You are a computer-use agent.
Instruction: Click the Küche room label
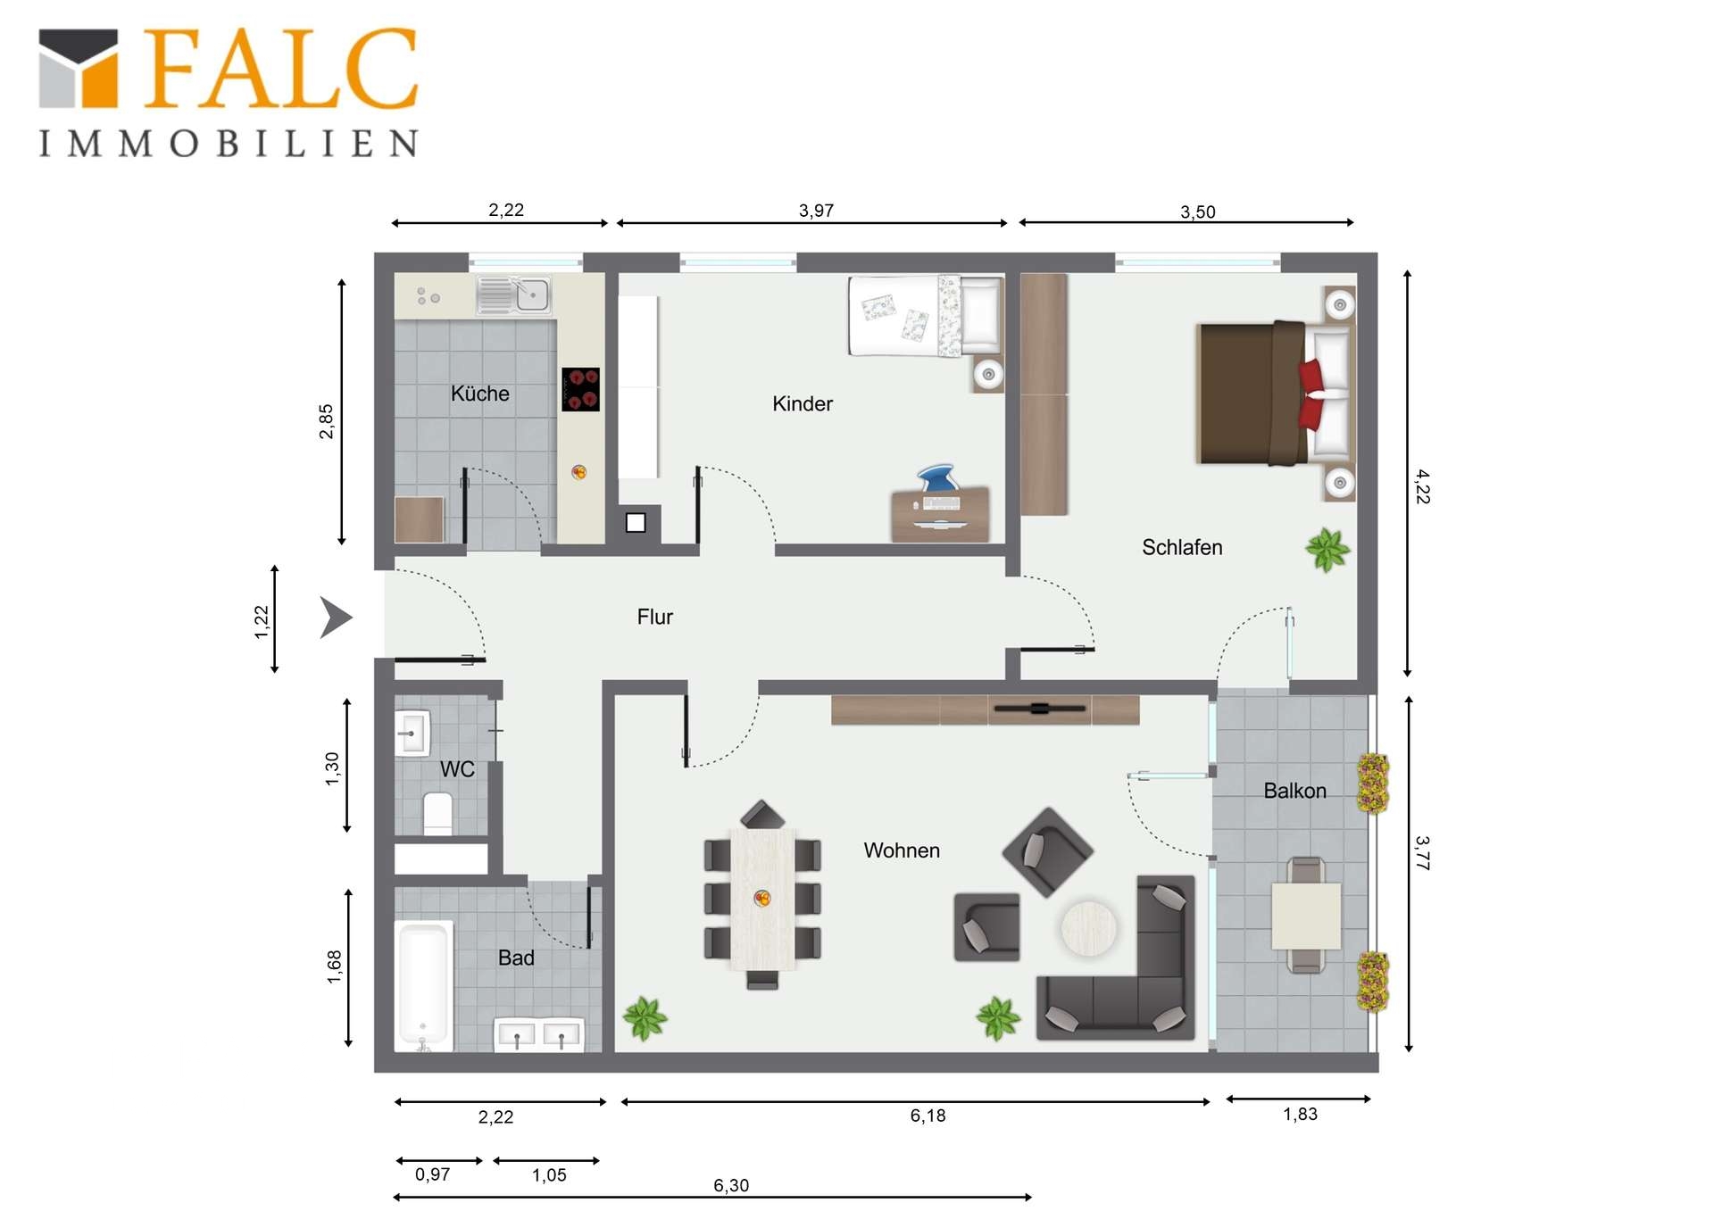(x=479, y=394)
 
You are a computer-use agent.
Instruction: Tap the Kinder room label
(x=803, y=403)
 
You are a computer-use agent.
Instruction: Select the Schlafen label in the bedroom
(x=1182, y=547)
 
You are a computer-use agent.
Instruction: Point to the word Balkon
(x=1294, y=791)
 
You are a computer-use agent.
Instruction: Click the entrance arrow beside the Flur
(x=335, y=618)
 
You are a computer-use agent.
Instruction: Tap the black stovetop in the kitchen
(x=580, y=389)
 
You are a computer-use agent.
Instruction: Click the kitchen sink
(x=513, y=295)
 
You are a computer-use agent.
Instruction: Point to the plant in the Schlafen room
(x=1327, y=549)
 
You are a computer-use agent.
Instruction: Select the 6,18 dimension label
(x=928, y=1116)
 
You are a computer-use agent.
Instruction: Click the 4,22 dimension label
(x=1423, y=486)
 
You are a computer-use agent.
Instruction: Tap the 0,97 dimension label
(x=432, y=1174)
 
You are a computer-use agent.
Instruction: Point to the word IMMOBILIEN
(x=229, y=144)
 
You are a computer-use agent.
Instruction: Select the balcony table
(x=1306, y=916)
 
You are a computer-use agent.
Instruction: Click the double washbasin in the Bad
(x=539, y=1034)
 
